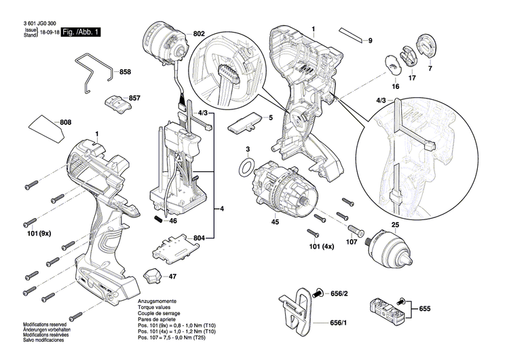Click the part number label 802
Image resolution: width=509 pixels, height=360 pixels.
(x=198, y=33)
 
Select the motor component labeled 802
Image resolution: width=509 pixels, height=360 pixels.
(x=166, y=42)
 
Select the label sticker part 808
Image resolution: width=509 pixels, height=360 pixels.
(x=46, y=128)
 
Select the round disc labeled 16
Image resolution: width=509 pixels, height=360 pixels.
(x=394, y=62)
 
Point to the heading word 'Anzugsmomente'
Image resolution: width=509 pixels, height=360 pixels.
(x=157, y=301)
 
